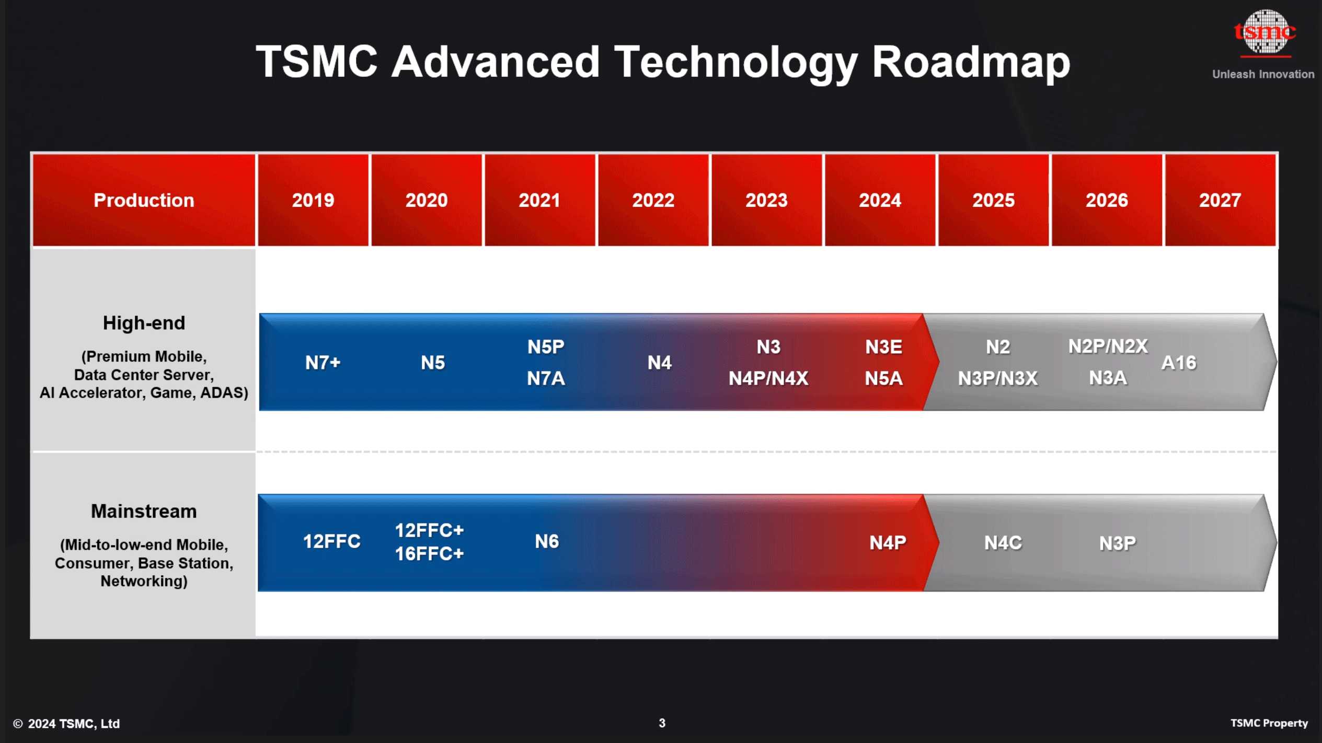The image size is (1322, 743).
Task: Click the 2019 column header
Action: tap(313, 200)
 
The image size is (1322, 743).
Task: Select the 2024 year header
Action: tap(880, 200)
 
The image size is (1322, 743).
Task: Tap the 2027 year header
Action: tap(1220, 200)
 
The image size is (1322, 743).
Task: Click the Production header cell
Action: tap(144, 200)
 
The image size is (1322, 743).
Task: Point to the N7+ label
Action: tap(323, 363)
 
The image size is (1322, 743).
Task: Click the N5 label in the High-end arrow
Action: tap(432, 363)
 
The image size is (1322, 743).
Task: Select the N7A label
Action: tap(546, 378)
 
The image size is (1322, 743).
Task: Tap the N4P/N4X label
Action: tap(768, 378)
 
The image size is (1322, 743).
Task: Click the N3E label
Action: tap(883, 347)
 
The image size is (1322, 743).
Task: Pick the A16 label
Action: tap(1178, 363)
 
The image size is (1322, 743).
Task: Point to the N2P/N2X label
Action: tap(1107, 346)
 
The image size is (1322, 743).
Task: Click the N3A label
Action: tap(1107, 378)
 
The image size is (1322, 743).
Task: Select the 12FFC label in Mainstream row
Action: tap(331, 541)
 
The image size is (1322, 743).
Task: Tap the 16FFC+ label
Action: tap(429, 554)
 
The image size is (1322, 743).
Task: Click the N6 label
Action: tap(546, 541)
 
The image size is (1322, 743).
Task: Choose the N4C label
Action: tap(1003, 543)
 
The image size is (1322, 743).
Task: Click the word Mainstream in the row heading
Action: tap(144, 511)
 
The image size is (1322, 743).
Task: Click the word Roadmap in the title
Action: tap(971, 62)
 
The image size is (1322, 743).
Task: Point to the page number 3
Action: tap(662, 723)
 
